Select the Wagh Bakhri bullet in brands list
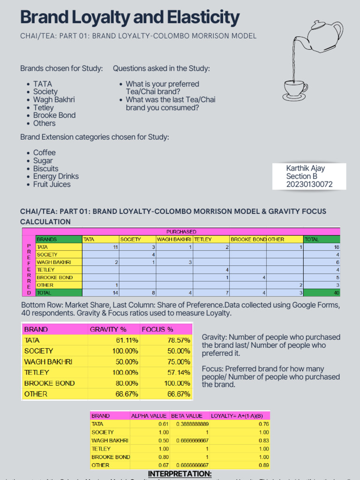point(54,99)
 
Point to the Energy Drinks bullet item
point(56,176)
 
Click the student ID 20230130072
point(309,184)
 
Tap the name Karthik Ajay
point(305,168)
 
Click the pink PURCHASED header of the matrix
point(181,232)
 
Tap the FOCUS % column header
point(157,329)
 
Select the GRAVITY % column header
point(108,329)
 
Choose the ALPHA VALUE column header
point(148,415)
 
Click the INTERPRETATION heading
point(180,474)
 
